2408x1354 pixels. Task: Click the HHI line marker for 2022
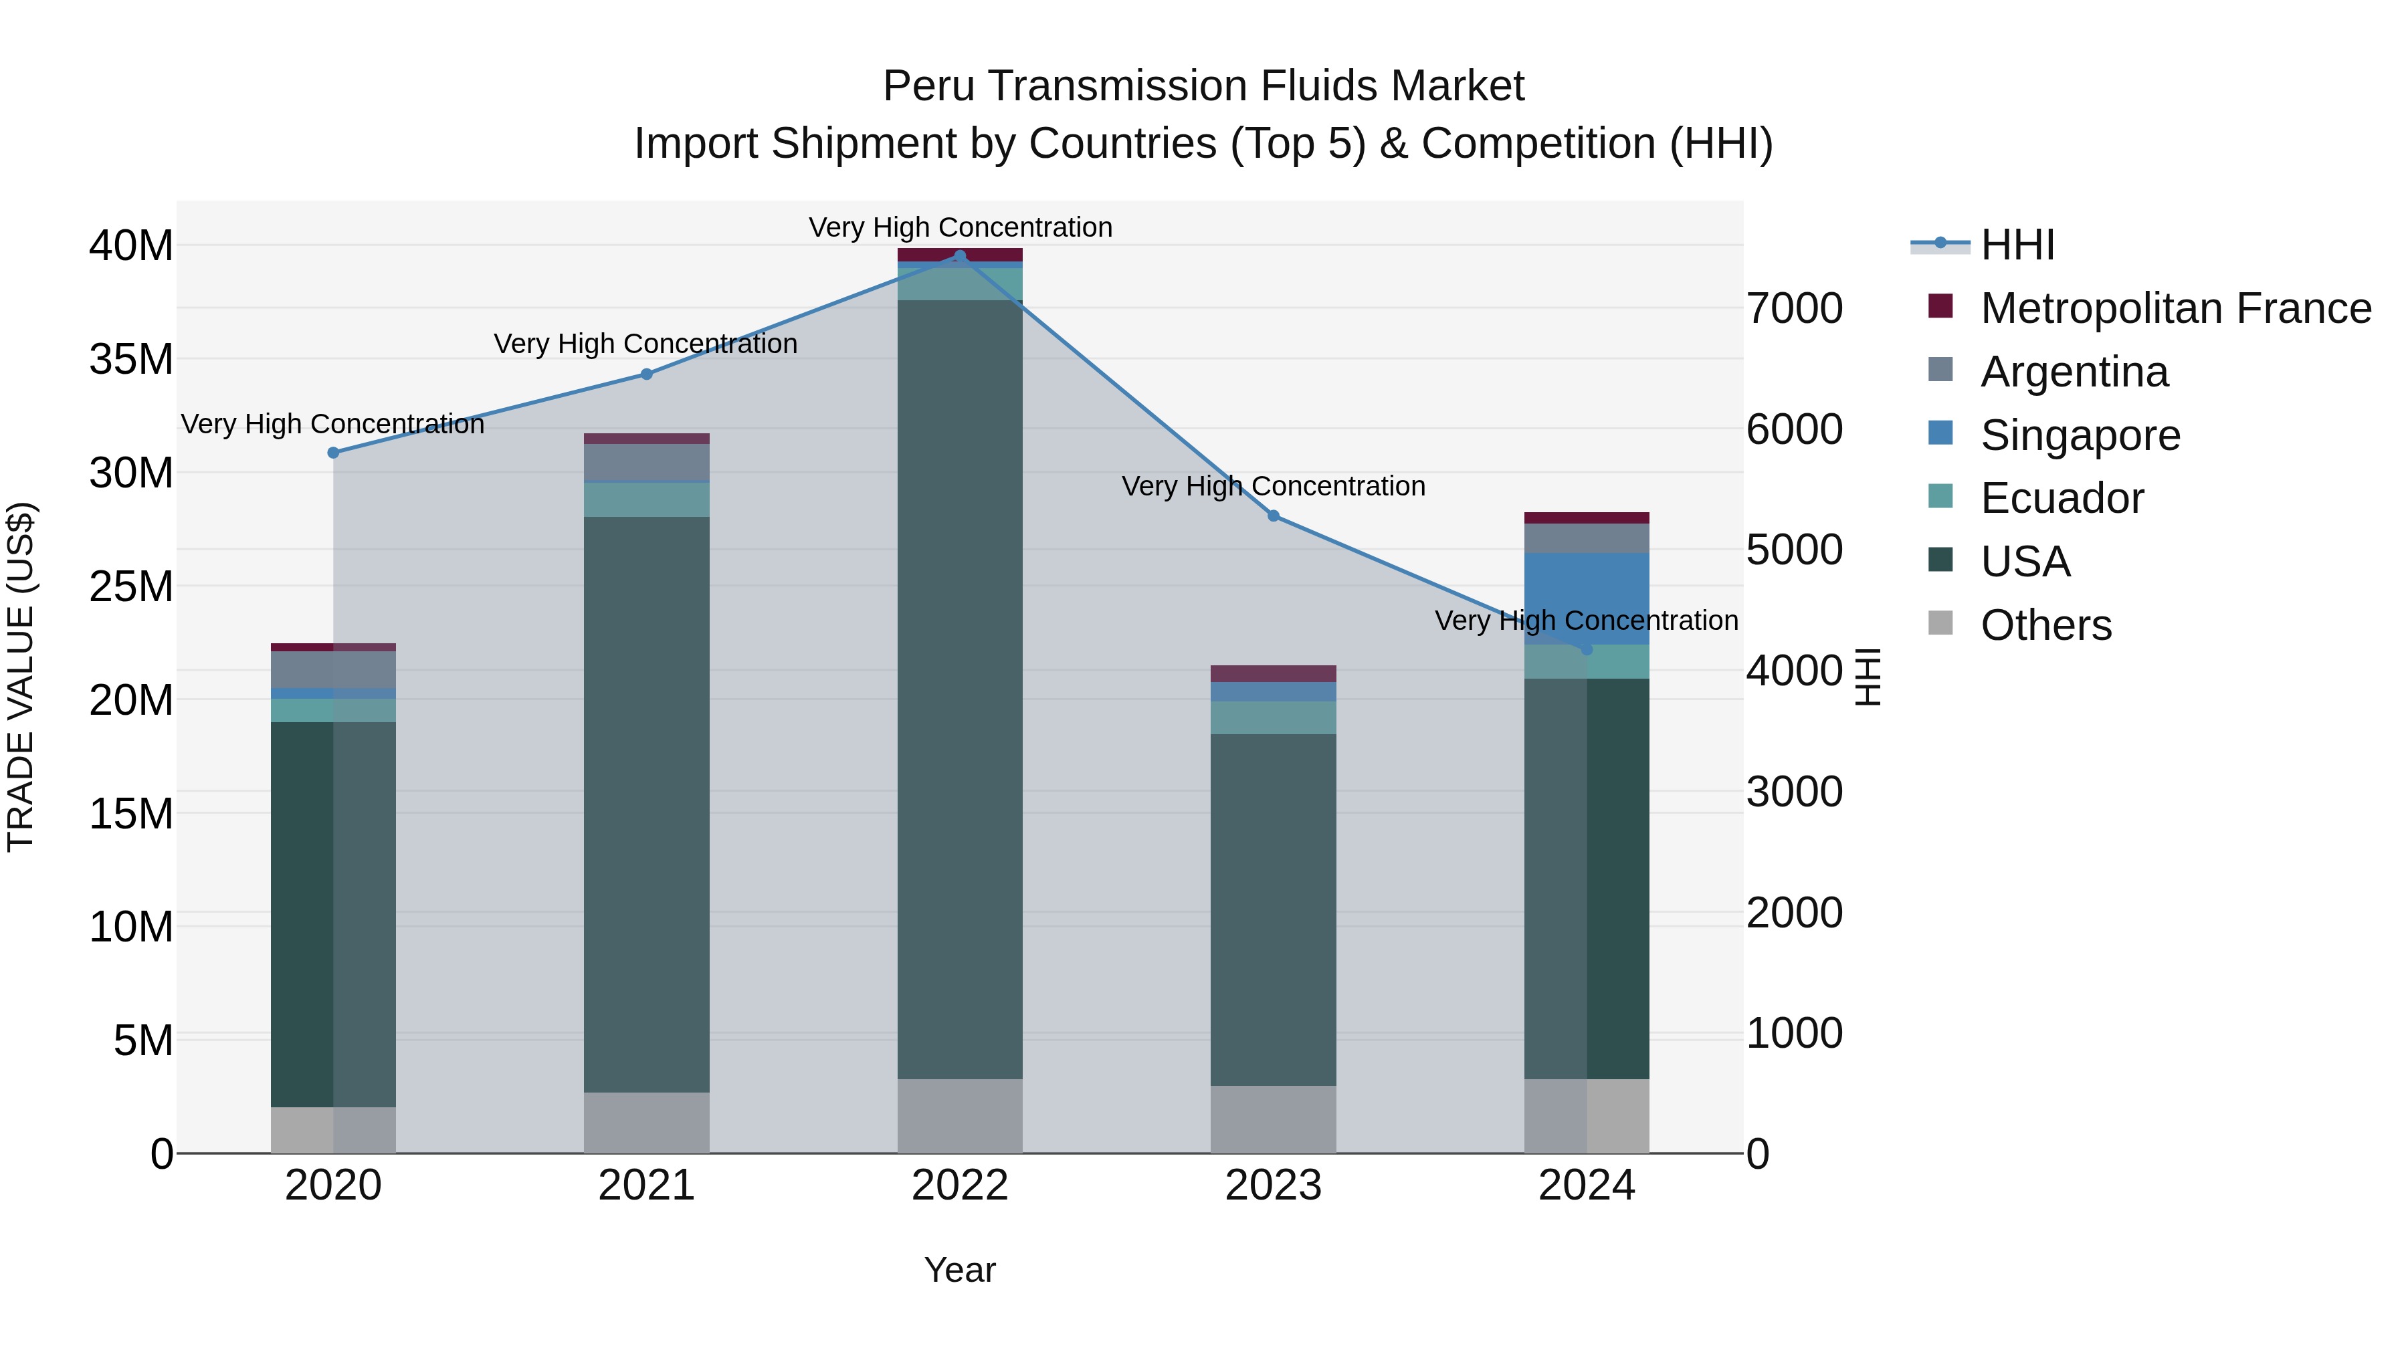[x=959, y=256]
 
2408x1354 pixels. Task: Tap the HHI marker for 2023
[x=1273, y=516]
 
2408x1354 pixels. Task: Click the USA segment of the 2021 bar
[x=646, y=804]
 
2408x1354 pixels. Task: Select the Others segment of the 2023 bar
[x=1273, y=1119]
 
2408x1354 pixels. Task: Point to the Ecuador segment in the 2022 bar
[x=959, y=284]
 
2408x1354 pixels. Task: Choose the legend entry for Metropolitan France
[x=2175, y=308]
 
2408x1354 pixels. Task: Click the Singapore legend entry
[x=2080, y=435]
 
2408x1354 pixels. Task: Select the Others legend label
[x=2045, y=625]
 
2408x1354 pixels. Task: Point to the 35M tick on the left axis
[x=131, y=360]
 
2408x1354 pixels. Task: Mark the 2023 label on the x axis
[x=1273, y=1186]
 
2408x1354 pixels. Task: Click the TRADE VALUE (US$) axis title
[x=21, y=677]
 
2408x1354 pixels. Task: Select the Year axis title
[x=959, y=1270]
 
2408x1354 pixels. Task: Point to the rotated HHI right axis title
[x=1867, y=677]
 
